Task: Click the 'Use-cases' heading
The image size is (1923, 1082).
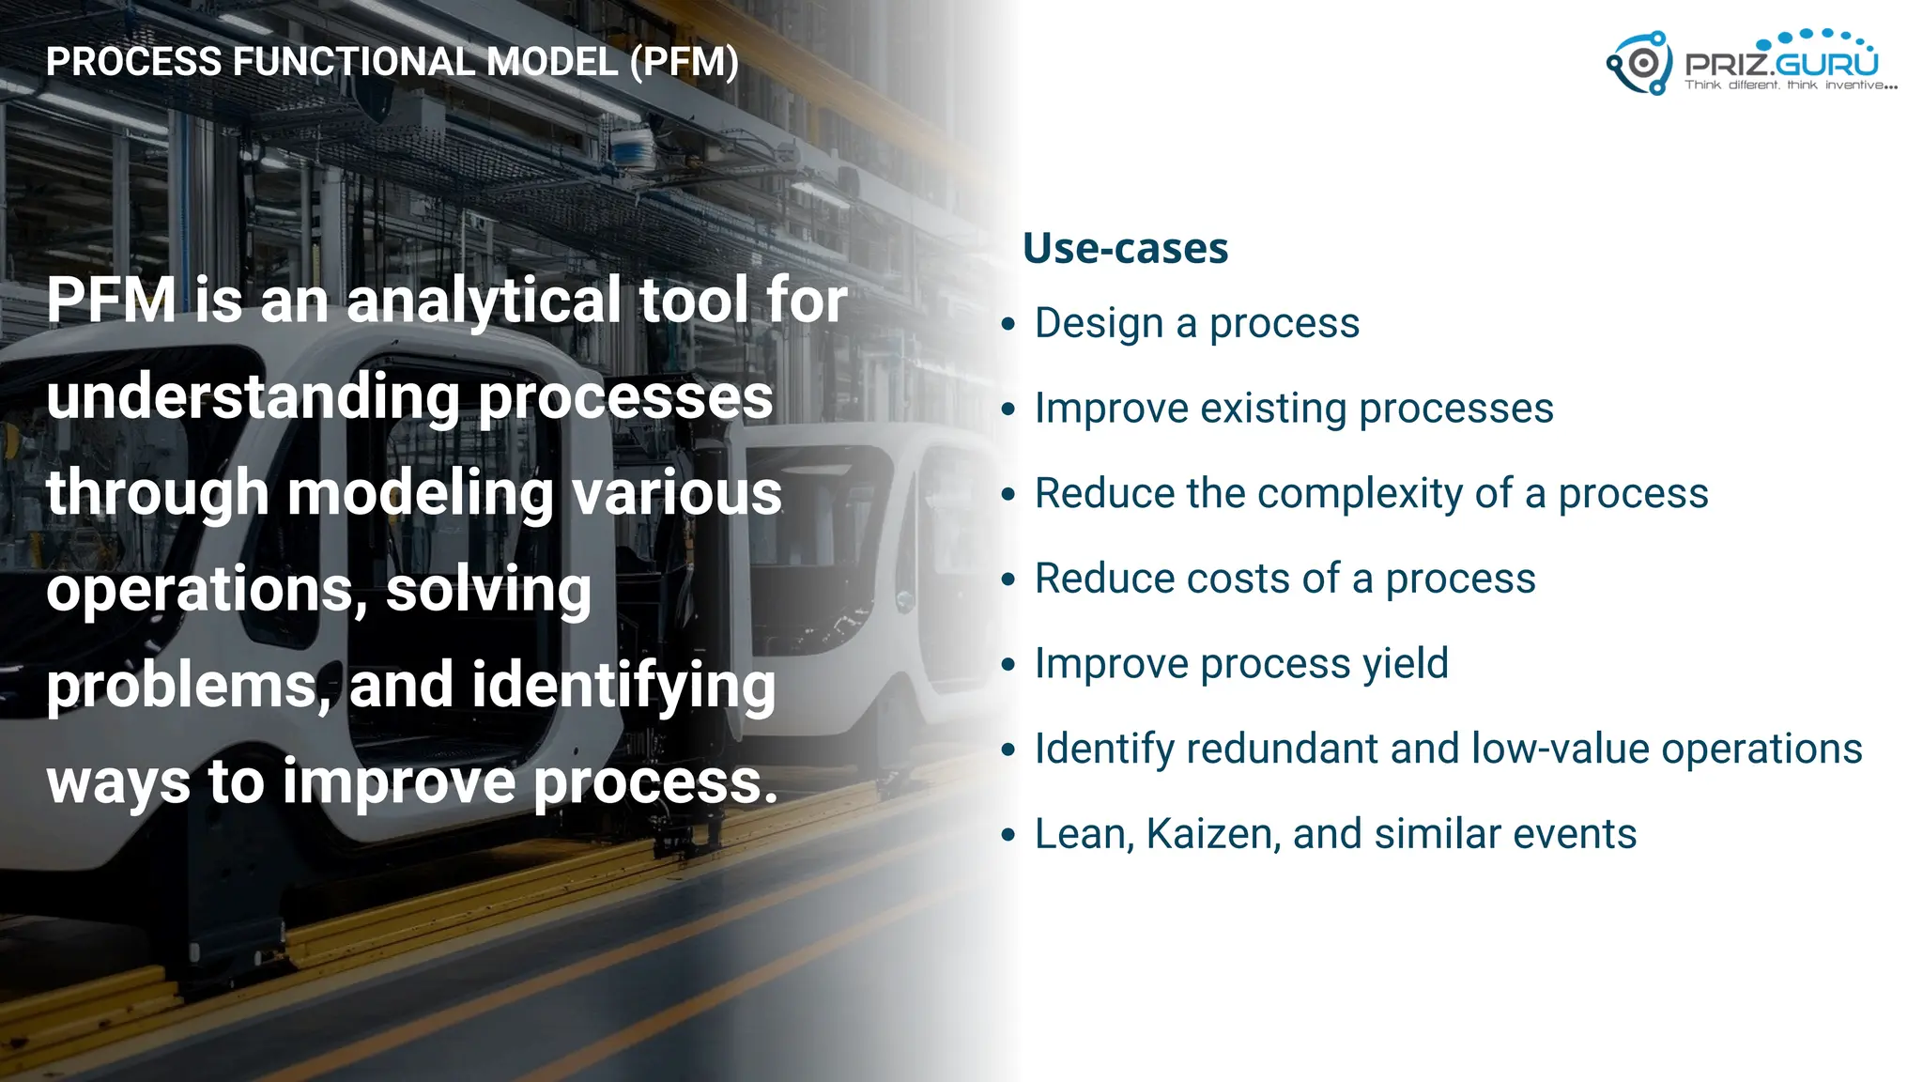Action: (1125, 249)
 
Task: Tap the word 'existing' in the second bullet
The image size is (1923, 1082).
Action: (1273, 409)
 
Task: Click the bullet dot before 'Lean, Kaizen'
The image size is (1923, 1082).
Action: (1008, 835)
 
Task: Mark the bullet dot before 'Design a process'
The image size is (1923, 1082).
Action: (1008, 325)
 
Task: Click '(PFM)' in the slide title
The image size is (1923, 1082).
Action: (685, 62)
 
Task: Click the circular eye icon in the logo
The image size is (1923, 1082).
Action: (1643, 63)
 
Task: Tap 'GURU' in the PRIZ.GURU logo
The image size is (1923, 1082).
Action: (1826, 64)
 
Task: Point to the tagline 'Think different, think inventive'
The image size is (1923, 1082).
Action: (1790, 85)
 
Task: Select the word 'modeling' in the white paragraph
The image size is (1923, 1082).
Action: (420, 494)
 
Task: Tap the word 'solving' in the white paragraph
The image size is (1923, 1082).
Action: (488, 591)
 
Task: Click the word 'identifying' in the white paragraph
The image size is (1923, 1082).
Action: (623, 686)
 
